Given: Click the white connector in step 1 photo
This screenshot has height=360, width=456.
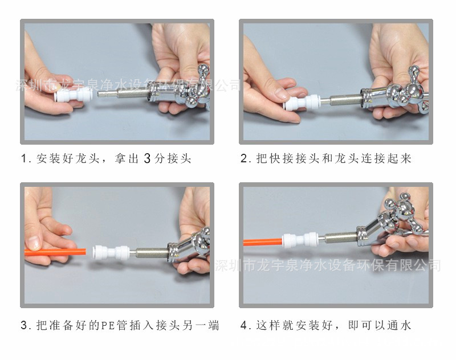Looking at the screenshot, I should (75, 93).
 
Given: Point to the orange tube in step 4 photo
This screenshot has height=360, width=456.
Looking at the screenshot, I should (262, 242).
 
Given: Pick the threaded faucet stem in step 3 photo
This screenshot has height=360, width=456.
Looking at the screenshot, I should (151, 251).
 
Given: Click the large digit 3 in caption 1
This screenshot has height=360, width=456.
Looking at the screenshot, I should (146, 158).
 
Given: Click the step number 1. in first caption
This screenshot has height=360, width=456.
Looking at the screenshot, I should (26, 159).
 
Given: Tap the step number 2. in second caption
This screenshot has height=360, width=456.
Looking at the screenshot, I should (245, 159).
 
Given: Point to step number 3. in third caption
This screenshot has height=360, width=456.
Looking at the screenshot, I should (26, 326).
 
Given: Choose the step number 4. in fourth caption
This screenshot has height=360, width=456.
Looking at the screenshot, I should (245, 326).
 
